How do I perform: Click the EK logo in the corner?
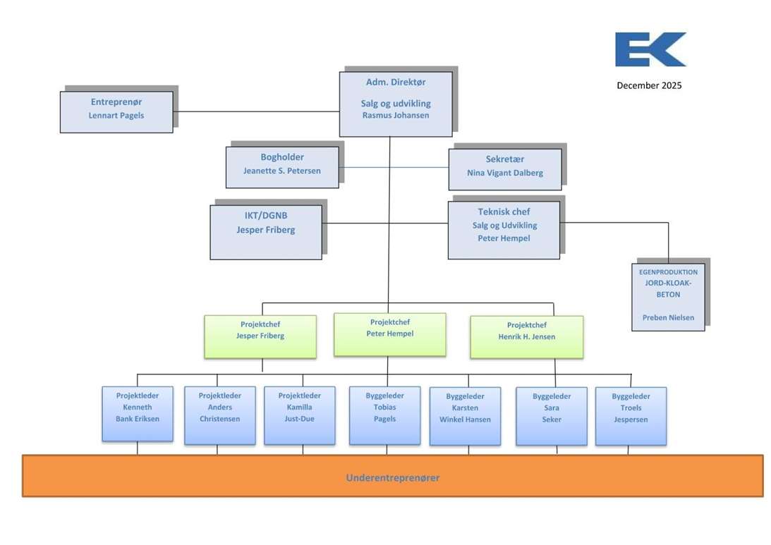[x=650, y=49]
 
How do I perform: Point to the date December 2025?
[x=649, y=86]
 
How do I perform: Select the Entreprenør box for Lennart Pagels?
[x=116, y=111]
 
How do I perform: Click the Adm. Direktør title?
[x=396, y=82]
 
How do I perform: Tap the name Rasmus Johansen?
[x=396, y=116]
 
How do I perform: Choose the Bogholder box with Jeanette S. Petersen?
[x=282, y=167]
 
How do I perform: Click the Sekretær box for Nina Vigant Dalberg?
[x=505, y=169]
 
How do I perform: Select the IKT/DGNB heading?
[x=266, y=216]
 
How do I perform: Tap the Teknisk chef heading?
[x=504, y=212]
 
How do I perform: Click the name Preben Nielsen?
[x=668, y=318]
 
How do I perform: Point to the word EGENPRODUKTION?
[x=668, y=272]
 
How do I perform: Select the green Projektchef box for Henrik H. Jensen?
[x=526, y=336]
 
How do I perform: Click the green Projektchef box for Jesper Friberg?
[x=260, y=336]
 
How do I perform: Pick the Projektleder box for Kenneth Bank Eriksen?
[x=138, y=414]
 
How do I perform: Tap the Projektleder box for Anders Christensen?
[x=220, y=415]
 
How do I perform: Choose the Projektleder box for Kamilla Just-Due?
[x=300, y=415]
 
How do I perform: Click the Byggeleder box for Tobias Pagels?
[x=385, y=415]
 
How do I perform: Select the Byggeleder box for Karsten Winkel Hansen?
[x=465, y=416]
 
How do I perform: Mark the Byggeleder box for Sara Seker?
[x=552, y=416]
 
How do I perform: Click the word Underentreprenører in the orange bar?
[x=393, y=478]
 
